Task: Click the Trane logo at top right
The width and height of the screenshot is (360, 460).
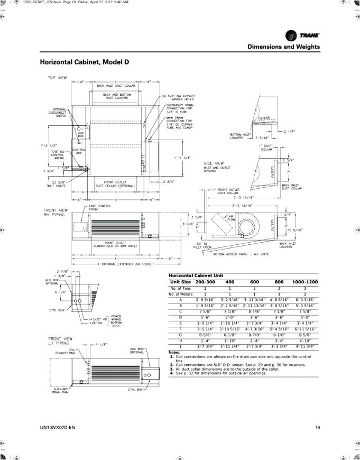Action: click(302, 35)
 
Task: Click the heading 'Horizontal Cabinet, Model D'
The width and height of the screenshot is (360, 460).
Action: click(85, 62)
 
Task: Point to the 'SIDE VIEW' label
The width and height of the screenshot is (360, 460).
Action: click(214, 163)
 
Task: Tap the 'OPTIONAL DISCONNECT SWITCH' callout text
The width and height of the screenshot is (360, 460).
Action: click(58, 113)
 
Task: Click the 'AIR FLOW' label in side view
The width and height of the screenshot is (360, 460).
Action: click(230, 218)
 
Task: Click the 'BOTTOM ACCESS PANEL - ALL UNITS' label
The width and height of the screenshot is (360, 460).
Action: click(241, 254)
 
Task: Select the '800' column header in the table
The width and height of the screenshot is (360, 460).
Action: click(279, 282)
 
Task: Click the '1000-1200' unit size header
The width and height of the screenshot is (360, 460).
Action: click(304, 282)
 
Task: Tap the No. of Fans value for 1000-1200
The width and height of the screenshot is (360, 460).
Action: click(304, 289)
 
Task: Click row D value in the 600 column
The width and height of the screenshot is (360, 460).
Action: click(254, 317)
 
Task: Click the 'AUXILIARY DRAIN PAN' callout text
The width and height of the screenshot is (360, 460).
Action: click(59, 391)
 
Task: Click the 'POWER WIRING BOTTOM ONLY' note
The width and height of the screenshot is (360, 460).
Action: click(116, 320)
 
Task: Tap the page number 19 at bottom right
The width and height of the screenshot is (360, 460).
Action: click(317, 428)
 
